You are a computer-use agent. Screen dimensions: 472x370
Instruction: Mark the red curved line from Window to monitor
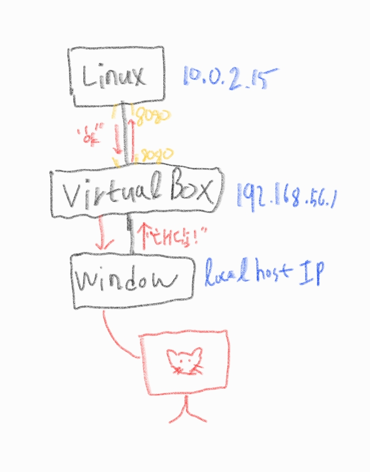click(115, 337)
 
